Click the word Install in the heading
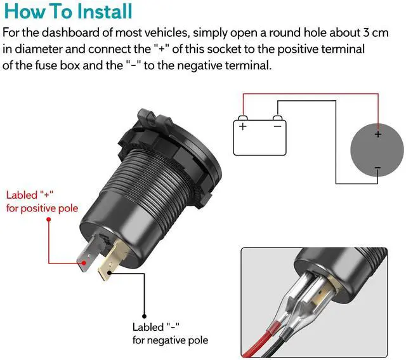105,11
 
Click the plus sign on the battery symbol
242,126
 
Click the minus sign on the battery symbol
277,126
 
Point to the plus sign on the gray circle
378,134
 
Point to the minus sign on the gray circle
378,168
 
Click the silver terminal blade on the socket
89,253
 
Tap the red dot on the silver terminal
84,263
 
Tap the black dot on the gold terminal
110,272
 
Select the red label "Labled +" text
30,195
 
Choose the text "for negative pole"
170,340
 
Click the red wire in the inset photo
259,342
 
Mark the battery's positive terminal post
242,118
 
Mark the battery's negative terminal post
277,118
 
